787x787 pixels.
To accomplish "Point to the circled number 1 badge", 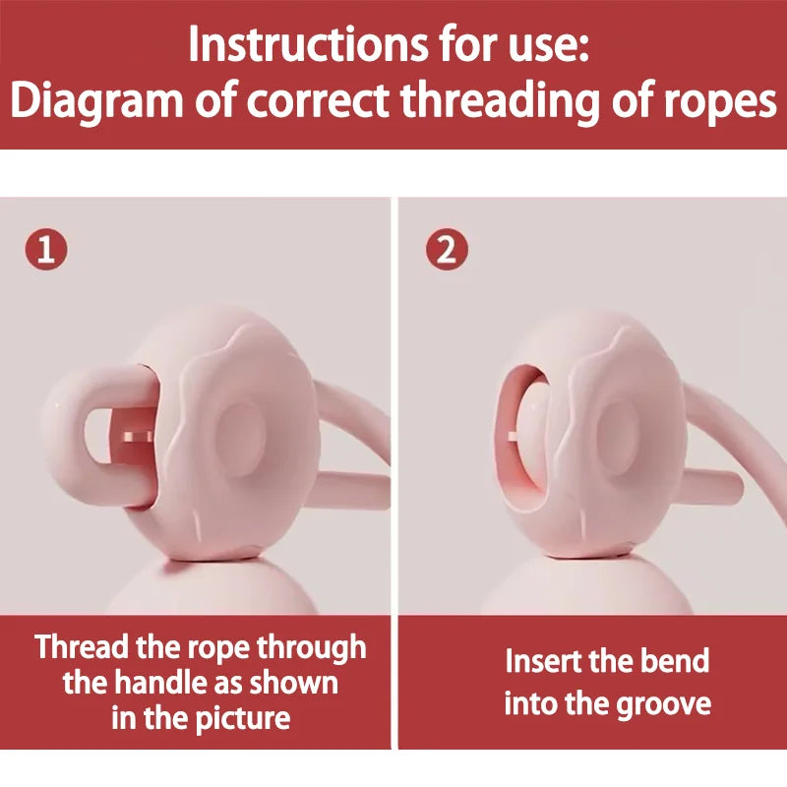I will (x=46, y=250).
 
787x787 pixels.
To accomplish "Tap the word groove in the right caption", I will (x=666, y=703).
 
